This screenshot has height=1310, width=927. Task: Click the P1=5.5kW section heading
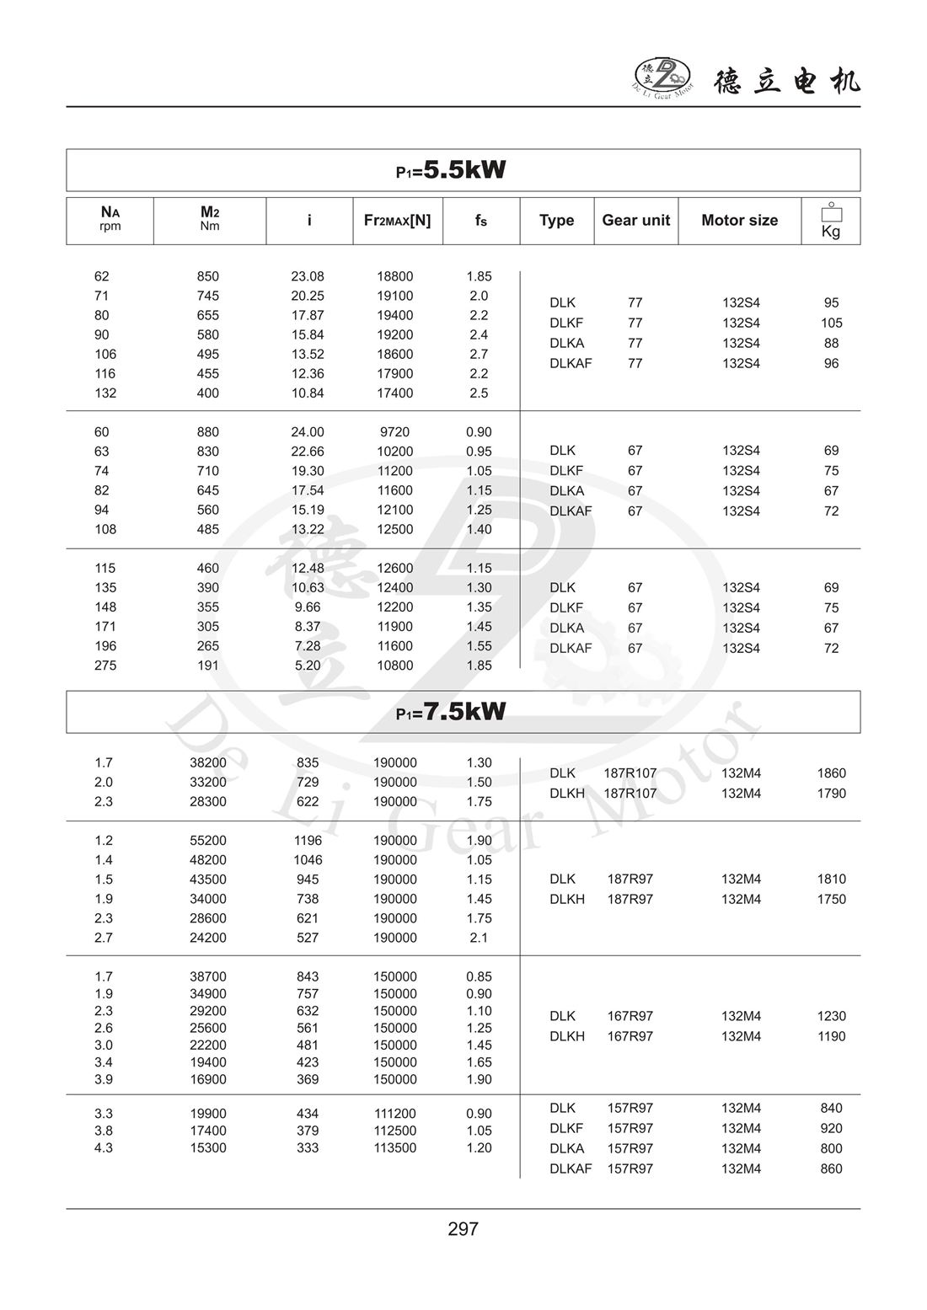point(452,170)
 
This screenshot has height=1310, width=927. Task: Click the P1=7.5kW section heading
point(452,712)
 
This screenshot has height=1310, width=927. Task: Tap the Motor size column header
point(739,221)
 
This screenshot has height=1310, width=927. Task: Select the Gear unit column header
point(635,221)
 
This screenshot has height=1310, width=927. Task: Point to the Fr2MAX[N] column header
point(397,221)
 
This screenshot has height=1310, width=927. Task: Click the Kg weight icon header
point(831,221)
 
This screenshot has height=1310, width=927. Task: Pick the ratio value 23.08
point(308,276)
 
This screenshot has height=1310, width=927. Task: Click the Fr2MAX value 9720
point(394,432)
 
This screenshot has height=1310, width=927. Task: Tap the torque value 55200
point(207,841)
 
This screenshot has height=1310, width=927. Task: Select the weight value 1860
point(831,773)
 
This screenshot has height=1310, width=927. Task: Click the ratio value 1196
point(308,841)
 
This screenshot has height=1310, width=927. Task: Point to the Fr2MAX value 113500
point(394,1147)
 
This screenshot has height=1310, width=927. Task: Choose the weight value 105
point(831,323)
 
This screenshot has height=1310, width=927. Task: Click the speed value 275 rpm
point(105,666)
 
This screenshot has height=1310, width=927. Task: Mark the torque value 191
point(207,666)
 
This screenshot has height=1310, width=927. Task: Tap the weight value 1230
point(831,1016)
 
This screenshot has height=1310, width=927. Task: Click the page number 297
point(463,1229)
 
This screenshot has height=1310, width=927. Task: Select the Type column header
point(556,221)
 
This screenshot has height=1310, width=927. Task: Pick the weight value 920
point(831,1128)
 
